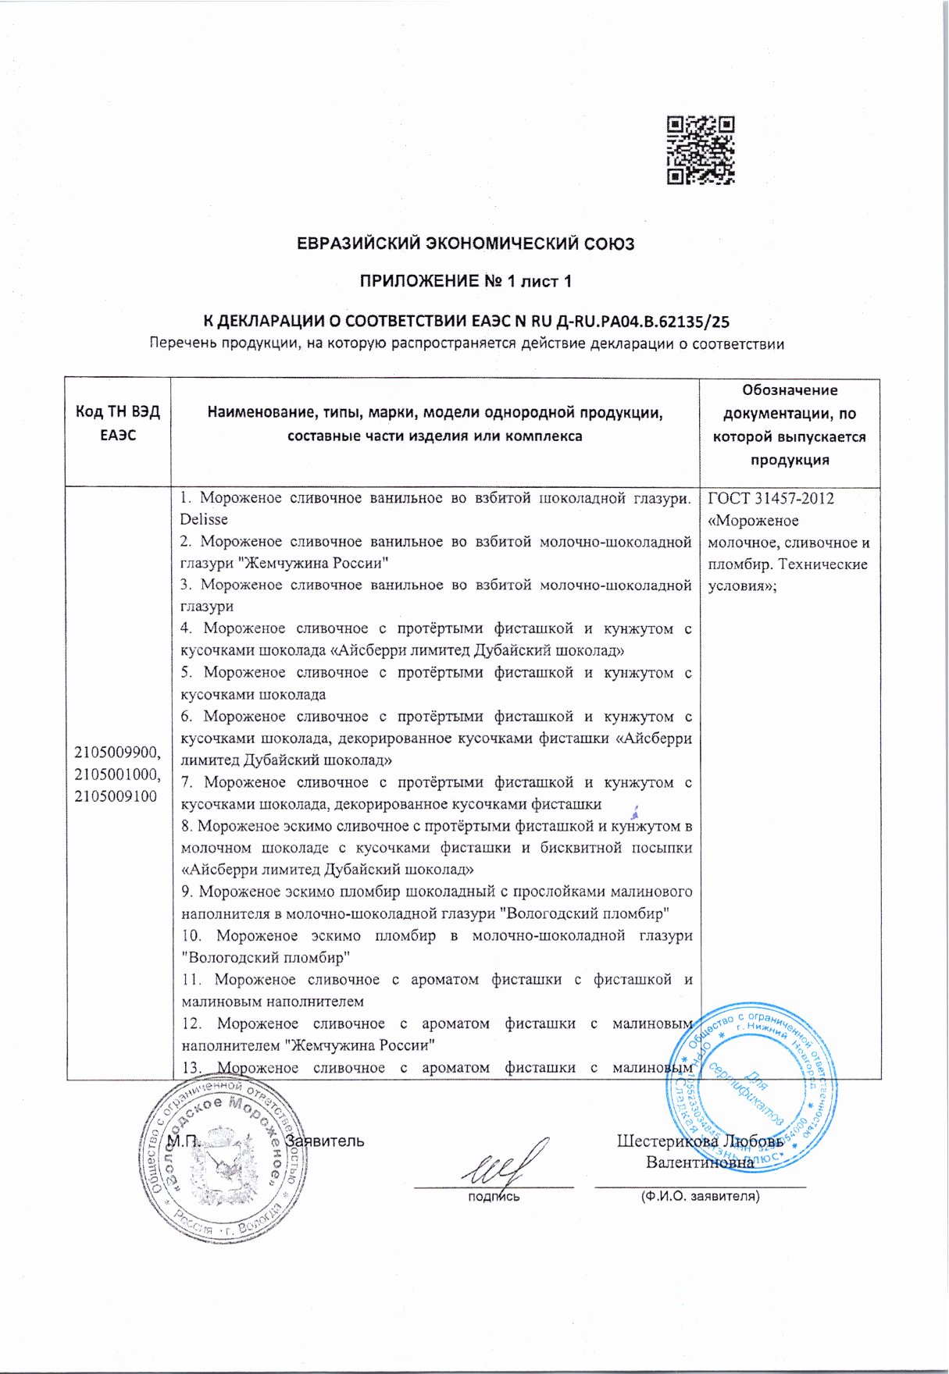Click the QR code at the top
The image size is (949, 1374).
(x=701, y=150)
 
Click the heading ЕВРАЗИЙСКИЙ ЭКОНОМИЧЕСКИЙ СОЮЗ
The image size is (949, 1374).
(x=466, y=244)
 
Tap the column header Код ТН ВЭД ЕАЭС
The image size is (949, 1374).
(x=118, y=423)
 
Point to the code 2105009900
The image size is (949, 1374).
(x=117, y=753)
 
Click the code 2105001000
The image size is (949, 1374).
(x=117, y=774)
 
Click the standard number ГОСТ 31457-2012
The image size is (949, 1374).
(x=771, y=498)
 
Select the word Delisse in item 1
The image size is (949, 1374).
(x=204, y=519)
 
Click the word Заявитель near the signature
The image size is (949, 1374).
(x=326, y=1141)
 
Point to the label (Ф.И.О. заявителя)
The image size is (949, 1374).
(x=700, y=1195)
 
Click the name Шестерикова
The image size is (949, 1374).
(x=668, y=1141)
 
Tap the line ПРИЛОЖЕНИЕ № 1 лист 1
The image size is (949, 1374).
(x=466, y=281)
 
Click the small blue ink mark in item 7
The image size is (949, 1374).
(x=636, y=813)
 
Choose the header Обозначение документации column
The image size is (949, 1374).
(x=789, y=425)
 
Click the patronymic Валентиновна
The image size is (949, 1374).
(x=700, y=1162)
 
